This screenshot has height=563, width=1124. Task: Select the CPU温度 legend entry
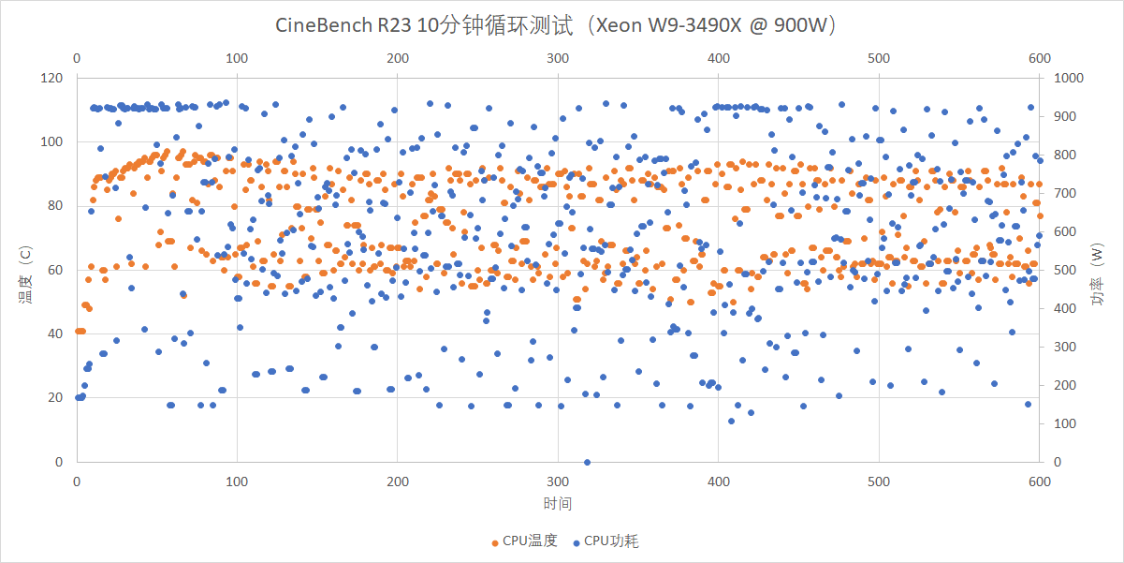click(524, 541)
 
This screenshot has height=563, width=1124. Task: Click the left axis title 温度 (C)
click(25, 271)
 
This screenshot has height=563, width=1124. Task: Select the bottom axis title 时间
click(558, 504)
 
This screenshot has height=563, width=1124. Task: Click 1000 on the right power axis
click(1069, 78)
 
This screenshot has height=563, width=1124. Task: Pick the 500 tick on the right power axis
click(1065, 270)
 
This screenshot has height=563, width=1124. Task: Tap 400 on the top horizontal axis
click(719, 58)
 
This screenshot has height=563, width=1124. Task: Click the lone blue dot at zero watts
click(587, 462)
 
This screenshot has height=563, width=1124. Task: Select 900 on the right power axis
click(1065, 116)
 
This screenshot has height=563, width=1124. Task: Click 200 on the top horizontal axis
click(398, 58)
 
